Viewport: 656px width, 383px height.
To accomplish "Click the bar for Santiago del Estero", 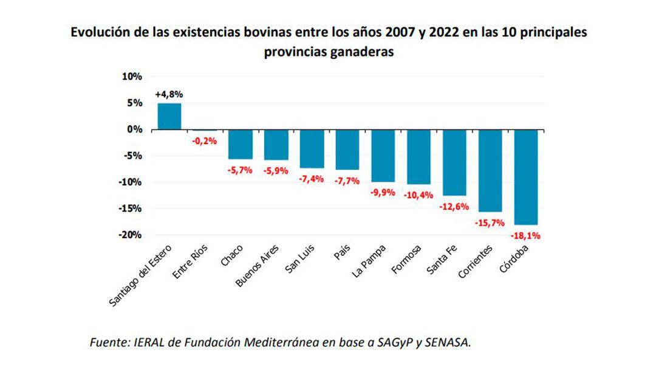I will click(169, 116).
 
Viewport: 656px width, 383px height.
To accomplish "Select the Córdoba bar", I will click(526, 177).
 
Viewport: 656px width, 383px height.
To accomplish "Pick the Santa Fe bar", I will click(454, 162).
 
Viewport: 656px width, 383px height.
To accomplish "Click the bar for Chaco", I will click(240, 144).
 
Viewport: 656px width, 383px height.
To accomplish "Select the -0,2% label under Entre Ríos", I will click(205, 141).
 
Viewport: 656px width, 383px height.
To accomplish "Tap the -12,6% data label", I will click(454, 207).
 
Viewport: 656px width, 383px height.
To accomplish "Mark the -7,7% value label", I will click(347, 181).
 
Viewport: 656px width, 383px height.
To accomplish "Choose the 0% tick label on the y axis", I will click(134, 129).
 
